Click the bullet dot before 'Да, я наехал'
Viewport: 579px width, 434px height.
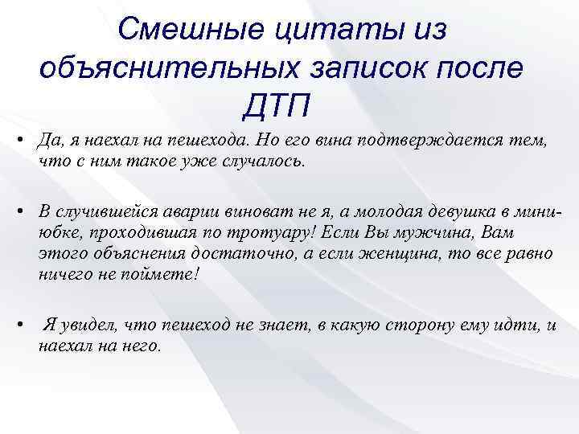tap(18, 141)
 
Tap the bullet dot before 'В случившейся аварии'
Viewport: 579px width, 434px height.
tap(18, 211)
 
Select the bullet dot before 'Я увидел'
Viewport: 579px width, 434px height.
tap(18, 325)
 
